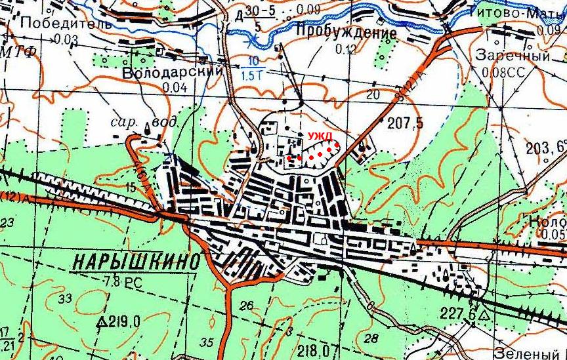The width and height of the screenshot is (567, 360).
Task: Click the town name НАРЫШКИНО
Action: pyautogui.click(x=135, y=262)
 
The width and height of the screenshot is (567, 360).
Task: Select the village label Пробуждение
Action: pyautogui.click(x=346, y=33)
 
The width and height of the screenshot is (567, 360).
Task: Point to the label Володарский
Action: pyautogui.click(x=173, y=71)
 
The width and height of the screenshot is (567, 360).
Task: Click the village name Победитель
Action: pyautogui.click(x=57, y=23)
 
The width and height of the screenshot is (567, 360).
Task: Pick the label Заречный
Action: pyautogui.click(x=513, y=56)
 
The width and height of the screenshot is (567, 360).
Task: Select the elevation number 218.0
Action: pyautogui.click(x=310, y=350)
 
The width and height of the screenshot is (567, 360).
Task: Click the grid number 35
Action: pyautogui.click(x=207, y=342)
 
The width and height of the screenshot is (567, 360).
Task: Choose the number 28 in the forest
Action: pyautogui.click(x=371, y=338)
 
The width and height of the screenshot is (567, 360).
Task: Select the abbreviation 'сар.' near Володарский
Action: pyautogui.click(x=123, y=121)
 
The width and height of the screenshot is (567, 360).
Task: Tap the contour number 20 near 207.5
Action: pyautogui.click(x=373, y=95)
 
